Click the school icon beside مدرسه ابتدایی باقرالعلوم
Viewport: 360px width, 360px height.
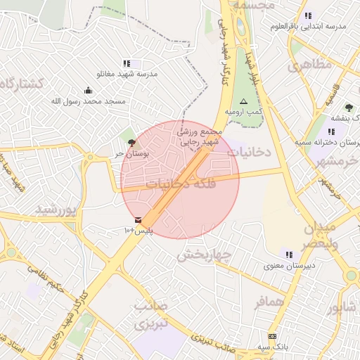(x=308, y=15)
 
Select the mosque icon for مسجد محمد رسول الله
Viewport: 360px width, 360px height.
(x=88, y=90)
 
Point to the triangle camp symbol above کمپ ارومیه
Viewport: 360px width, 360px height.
(x=244, y=101)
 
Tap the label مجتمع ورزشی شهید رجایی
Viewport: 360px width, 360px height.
(x=199, y=136)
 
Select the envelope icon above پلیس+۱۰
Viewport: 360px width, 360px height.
(x=138, y=221)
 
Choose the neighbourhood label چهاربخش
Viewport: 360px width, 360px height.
(x=204, y=255)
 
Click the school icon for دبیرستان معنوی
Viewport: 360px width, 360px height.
(x=288, y=254)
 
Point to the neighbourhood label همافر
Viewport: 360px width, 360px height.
(x=269, y=303)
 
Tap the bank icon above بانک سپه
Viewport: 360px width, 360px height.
(x=272, y=337)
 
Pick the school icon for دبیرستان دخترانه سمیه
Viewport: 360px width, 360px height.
(x=331, y=131)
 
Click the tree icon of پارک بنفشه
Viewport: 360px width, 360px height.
(x=349, y=107)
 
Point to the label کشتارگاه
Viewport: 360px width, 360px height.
(x=21, y=84)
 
